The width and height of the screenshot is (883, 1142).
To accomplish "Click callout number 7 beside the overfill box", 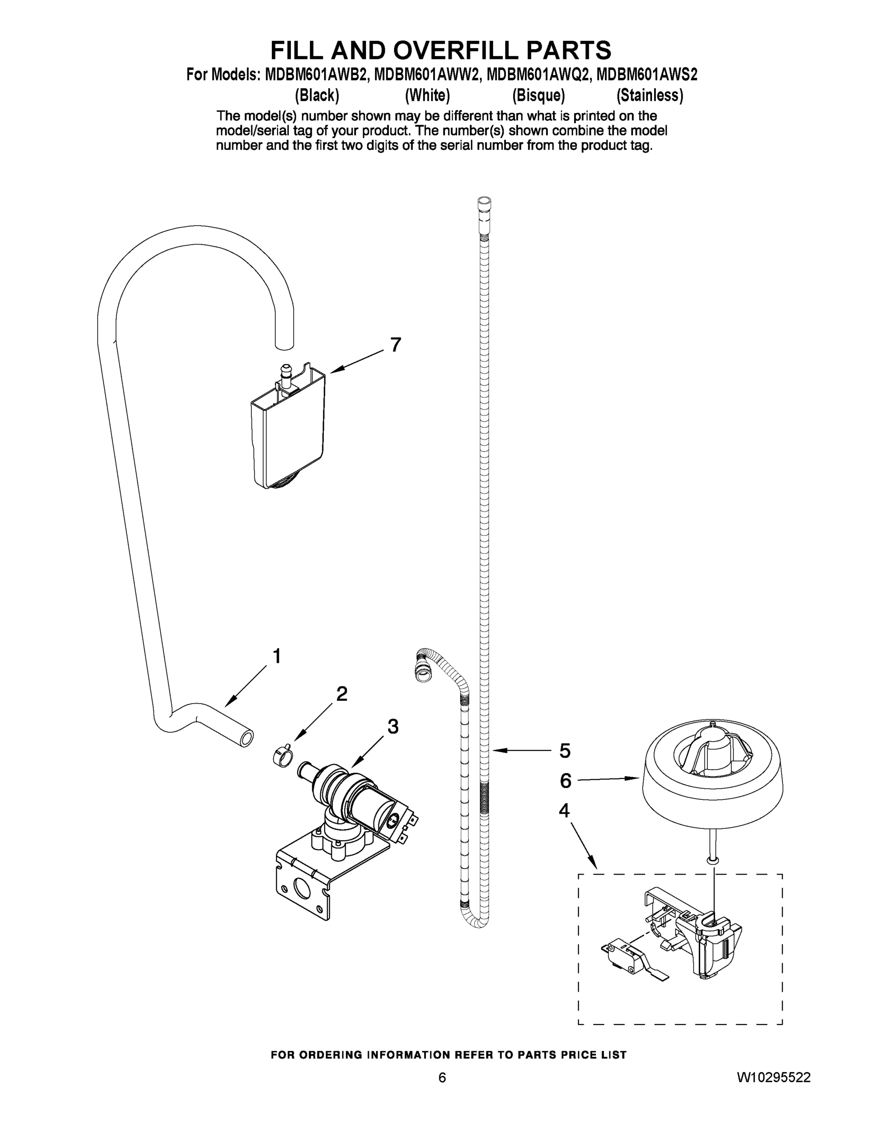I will [396, 345].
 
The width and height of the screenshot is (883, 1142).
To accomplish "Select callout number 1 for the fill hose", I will [277, 656].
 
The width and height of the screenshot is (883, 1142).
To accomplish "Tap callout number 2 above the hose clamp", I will [341, 694].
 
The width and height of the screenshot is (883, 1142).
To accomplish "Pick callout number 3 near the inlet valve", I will [393, 726].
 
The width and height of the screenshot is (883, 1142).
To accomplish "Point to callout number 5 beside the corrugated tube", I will [565, 751].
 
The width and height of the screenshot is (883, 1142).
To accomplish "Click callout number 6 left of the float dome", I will [566, 781].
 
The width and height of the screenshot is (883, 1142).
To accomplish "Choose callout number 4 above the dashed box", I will [564, 810].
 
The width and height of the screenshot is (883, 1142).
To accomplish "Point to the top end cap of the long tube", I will [485, 203].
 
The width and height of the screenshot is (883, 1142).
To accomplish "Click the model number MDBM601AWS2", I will [646, 75].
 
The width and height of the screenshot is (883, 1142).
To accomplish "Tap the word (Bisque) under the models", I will [538, 96].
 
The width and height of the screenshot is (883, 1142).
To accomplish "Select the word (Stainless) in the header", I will [650, 96].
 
